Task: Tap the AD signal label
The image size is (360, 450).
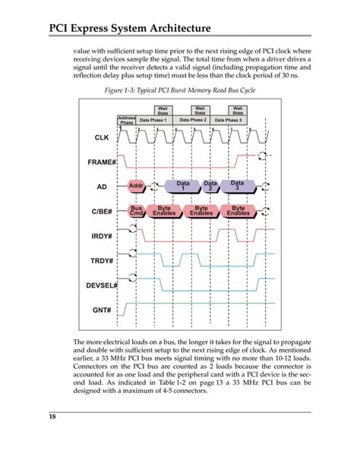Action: pos(102,186)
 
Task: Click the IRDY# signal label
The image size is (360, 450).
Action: pos(103,236)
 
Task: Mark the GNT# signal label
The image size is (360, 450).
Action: pos(103,310)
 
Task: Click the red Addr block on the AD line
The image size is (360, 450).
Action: pos(137,186)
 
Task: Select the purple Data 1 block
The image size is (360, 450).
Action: pos(182,186)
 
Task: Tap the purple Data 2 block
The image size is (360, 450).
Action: pos(210,186)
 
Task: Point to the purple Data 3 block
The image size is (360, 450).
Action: pos(237,186)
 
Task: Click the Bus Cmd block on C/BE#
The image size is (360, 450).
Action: pos(137,210)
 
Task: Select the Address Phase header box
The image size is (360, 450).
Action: pos(126,121)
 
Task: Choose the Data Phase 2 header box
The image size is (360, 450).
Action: pos(193,120)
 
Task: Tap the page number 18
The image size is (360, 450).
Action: pos(54,417)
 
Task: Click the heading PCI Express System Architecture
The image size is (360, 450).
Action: pos(131,28)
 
